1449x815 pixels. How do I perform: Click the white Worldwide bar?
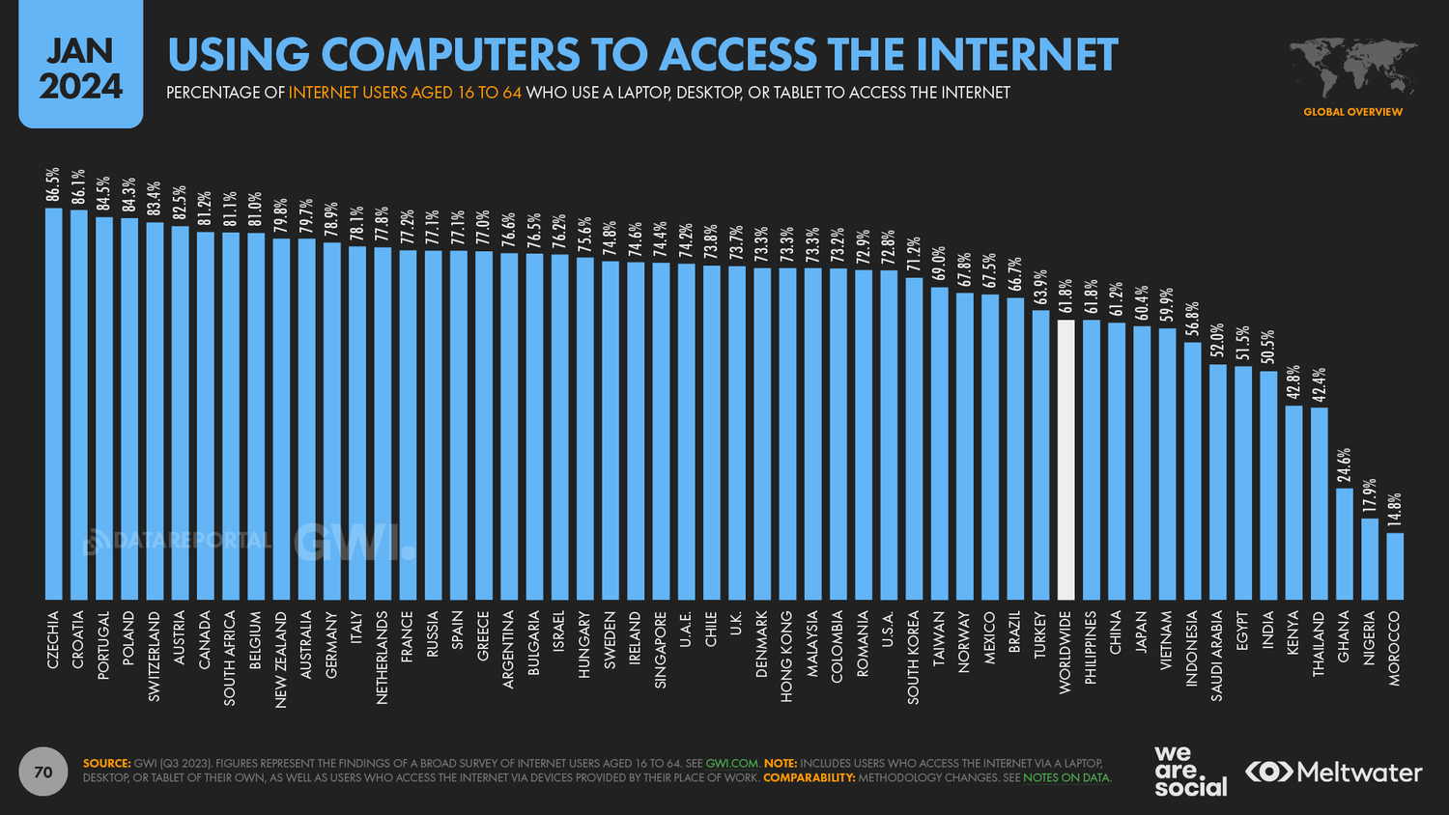point(1065,460)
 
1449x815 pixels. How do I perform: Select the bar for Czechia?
point(54,404)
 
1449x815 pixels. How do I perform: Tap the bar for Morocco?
point(1395,566)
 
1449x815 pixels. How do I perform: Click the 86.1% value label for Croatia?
point(79,186)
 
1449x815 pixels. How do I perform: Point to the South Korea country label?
point(914,657)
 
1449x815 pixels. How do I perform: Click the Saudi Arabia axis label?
point(1217,655)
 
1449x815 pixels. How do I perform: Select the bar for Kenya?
point(1293,502)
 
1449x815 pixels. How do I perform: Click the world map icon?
point(1352,68)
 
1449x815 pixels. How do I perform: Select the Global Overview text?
point(1352,112)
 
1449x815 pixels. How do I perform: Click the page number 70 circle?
point(43,772)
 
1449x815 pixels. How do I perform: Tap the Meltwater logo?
point(1333,773)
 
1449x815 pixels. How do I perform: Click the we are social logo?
point(1189,772)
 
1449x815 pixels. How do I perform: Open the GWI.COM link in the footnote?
point(732,763)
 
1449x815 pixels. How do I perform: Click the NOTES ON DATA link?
point(1066,777)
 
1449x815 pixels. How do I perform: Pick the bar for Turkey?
point(1040,455)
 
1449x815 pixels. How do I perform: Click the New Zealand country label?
point(281,660)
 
